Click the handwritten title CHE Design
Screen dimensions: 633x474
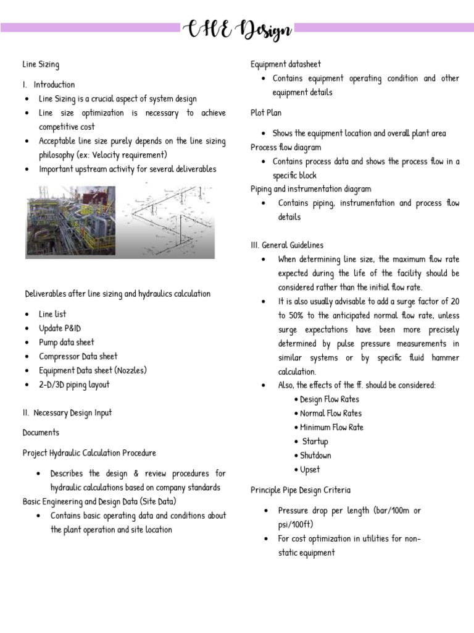(237, 29)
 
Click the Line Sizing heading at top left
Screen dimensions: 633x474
(41, 64)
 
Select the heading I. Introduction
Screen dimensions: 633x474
(49, 85)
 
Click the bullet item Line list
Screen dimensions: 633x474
(52, 314)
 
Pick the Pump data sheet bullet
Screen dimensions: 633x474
(67, 342)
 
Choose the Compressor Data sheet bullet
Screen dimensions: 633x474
(78, 357)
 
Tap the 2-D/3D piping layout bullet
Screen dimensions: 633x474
(74, 384)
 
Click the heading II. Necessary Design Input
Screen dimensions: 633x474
(67, 413)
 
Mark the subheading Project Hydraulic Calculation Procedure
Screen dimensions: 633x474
(89, 453)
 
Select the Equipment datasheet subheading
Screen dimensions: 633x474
(285, 64)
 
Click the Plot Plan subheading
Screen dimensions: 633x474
(267, 113)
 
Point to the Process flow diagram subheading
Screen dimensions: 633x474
(286, 148)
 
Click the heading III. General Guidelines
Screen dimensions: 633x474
(287, 245)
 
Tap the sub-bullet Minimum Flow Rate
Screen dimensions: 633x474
(331, 427)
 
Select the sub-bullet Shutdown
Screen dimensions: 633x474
(315, 456)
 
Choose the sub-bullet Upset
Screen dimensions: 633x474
(310, 470)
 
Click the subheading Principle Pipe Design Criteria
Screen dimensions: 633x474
(301, 490)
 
